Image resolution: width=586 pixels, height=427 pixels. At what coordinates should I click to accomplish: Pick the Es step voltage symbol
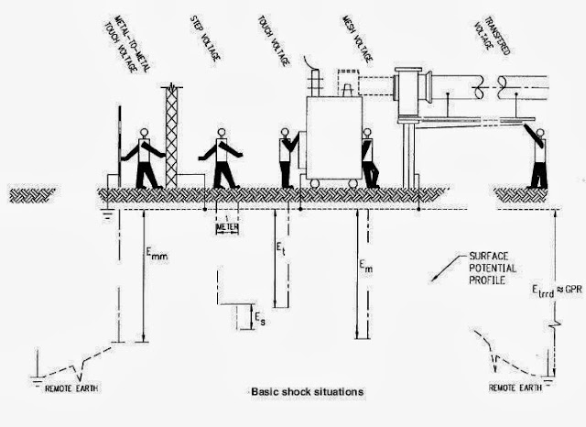(x=264, y=317)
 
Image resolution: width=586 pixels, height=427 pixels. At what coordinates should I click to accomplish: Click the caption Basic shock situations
(x=302, y=391)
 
